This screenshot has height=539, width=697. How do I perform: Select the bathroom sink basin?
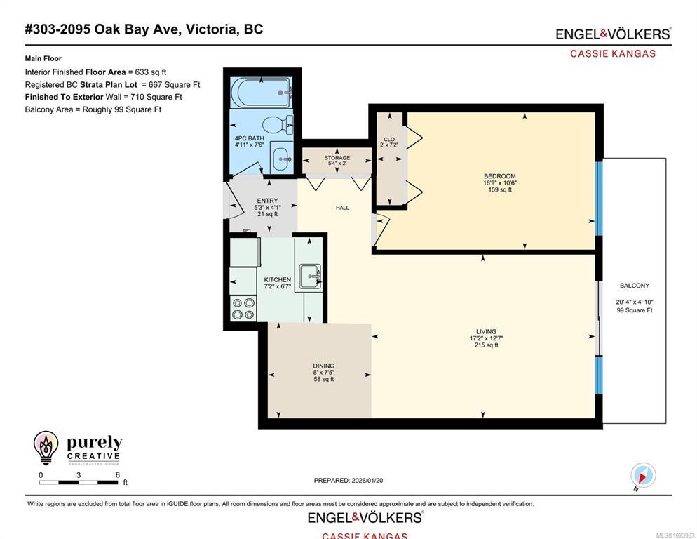[x=282, y=158]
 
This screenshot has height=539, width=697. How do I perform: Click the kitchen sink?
[x=310, y=277]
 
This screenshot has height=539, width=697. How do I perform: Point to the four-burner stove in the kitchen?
[x=243, y=308]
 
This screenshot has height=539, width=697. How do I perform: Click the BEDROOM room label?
[x=500, y=176]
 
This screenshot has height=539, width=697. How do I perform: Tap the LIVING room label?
[x=486, y=331]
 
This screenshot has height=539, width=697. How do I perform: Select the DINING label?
[x=324, y=366]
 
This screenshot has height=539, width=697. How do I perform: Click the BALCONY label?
[x=635, y=286]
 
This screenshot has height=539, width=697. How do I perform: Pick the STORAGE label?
[x=337, y=158]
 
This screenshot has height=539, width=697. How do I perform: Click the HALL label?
[x=342, y=208]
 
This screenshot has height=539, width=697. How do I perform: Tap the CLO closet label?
[x=389, y=140]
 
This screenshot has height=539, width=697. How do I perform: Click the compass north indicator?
[x=642, y=475]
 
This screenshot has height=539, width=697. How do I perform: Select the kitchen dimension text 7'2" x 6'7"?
[x=278, y=286]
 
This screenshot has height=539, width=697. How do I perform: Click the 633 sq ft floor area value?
[x=151, y=72]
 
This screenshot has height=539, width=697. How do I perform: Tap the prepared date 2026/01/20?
[x=367, y=481]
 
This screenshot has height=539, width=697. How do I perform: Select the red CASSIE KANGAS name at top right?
[x=613, y=54]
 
